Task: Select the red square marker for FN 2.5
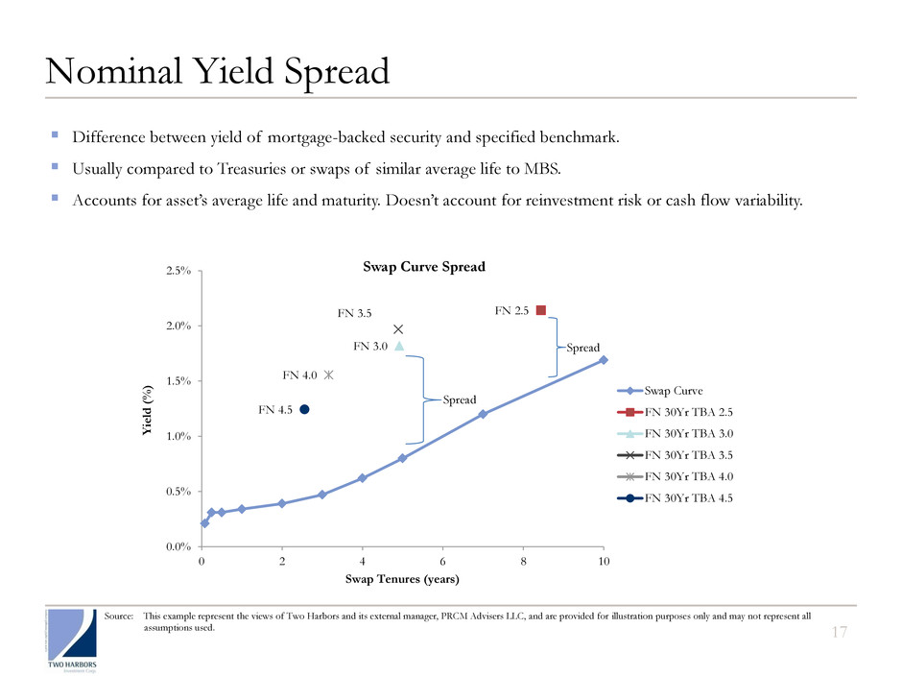[541, 310]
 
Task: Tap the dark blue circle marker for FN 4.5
[304, 409]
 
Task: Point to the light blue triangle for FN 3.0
[399, 346]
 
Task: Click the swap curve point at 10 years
[604, 360]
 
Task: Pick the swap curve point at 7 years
[483, 414]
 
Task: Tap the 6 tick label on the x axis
[443, 561]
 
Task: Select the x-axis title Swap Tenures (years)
[402, 580]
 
